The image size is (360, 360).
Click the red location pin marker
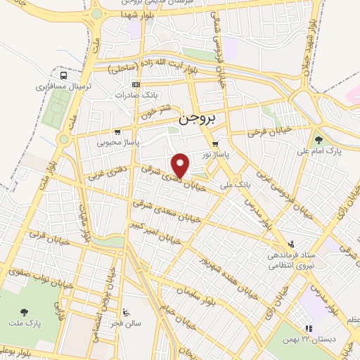coord(181,165)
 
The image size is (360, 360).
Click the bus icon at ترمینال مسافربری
coord(64,75)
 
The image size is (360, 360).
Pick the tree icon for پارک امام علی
coord(318,140)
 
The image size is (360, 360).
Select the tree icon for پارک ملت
coord(25,311)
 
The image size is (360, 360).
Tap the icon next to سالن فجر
coord(126,313)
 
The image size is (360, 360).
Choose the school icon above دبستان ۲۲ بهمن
coord(307,328)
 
